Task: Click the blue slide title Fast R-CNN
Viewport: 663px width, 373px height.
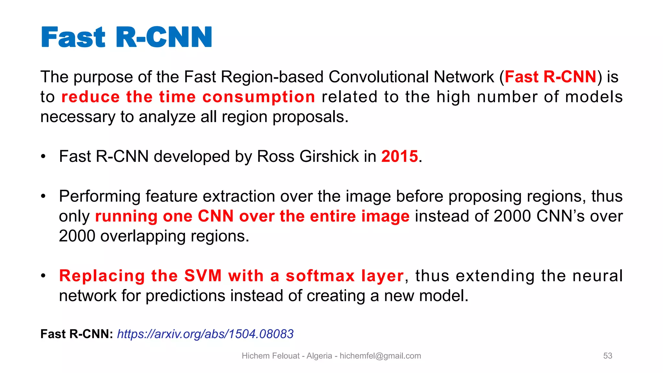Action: (x=126, y=37)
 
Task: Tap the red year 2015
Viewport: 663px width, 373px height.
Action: (x=399, y=156)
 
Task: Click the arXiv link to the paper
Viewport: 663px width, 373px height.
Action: (x=205, y=334)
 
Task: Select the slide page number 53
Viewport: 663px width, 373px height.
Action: (x=608, y=356)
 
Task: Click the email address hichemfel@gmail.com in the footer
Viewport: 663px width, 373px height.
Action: (x=380, y=356)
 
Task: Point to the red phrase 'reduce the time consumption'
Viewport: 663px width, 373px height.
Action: (x=188, y=97)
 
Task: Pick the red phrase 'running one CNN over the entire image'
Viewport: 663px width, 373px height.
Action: (x=252, y=216)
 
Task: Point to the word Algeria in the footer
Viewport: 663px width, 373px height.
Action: (x=319, y=356)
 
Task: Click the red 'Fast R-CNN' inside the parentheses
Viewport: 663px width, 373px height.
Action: (x=550, y=77)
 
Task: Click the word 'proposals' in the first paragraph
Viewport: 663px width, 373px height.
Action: (x=310, y=117)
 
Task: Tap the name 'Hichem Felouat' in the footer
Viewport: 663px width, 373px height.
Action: (x=270, y=356)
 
